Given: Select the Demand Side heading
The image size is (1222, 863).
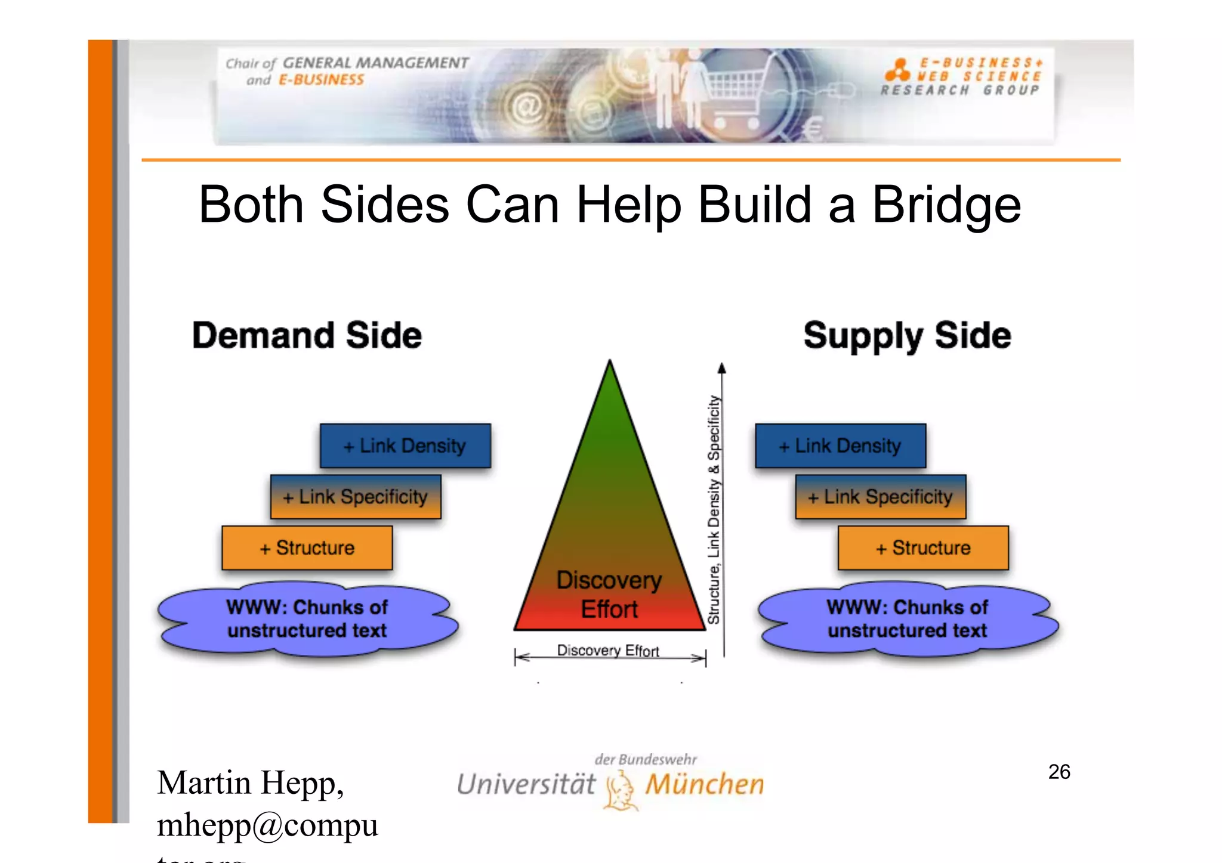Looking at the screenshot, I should pyautogui.click(x=307, y=335).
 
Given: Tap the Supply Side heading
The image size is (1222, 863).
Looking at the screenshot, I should pyautogui.click(x=907, y=335).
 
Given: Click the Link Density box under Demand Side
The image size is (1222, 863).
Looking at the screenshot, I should pyautogui.click(x=405, y=446).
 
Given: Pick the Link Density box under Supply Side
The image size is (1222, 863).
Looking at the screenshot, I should pyautogui.click(x=840, y=446).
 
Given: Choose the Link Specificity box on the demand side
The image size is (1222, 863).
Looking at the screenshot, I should pyautogui.click(x=356, y=497).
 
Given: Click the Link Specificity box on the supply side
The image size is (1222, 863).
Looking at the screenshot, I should pyautogui.click(x=880, y=497).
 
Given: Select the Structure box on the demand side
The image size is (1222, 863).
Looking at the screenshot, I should pyautogui.click(x=307, y=548).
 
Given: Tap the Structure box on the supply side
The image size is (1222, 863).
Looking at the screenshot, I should pyautogui.click(x=923, y=548).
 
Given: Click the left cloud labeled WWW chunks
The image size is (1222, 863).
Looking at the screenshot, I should pyautogui.click(x=307, y=619).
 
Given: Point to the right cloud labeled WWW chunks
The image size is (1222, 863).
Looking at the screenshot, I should pyautogui.click(x=907, y=619).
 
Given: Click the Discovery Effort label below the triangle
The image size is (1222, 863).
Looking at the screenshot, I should pyautogui.click(x=608, y=650).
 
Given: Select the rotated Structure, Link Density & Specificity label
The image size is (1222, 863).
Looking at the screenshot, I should pyautogui.click(x=714, y=510).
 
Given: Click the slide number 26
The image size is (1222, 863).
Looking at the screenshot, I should pyautogui.click(x=1059, y=772).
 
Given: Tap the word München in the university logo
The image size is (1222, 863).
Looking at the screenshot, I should pyautogui.click(x=705, y=784).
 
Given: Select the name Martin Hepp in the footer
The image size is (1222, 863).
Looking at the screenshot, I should pyautogui.click(x=251, y=782).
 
